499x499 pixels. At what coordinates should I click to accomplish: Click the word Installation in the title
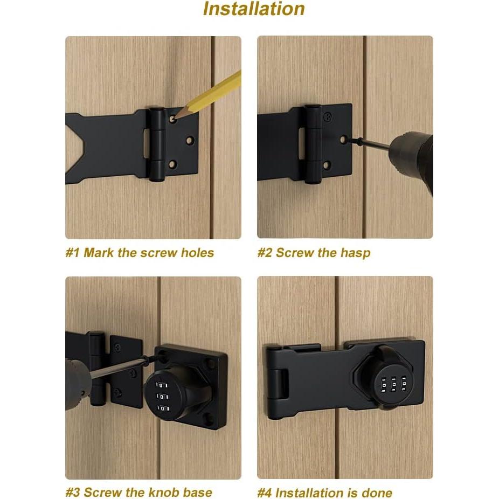pos(254,9)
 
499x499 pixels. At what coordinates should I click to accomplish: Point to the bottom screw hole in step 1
pos(172,164)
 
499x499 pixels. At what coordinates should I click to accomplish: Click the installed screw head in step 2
pos(327,115)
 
